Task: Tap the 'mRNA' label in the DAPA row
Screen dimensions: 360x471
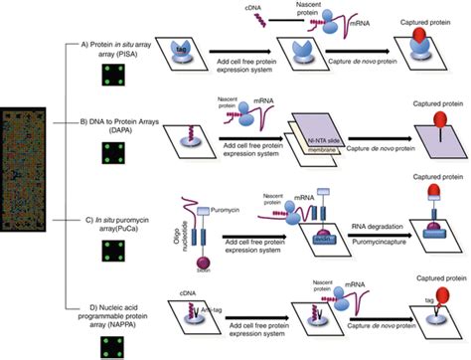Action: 238,93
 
